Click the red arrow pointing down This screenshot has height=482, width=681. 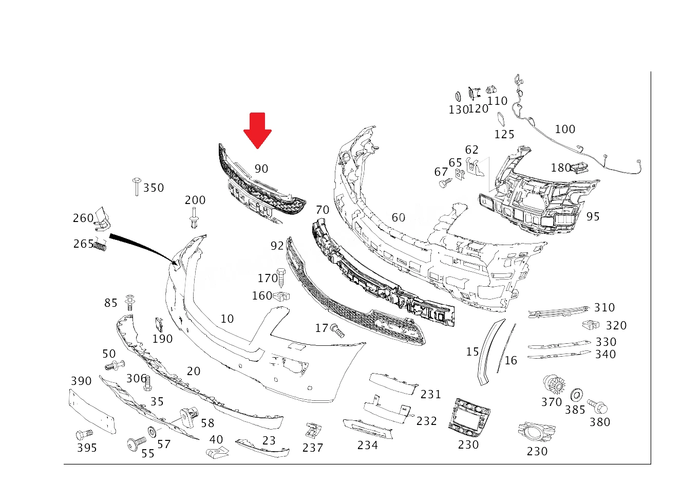pyautogui.click(x=257, y=130)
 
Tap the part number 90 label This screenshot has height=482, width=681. pyautogui.click(x=261, y=169)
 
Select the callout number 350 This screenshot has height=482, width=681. pyautogui.click(x=154, y=188)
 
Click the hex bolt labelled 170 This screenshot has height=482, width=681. pyautogui.click(x=281, y=278)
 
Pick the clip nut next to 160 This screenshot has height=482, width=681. pyautogui.click(x=281, y=296)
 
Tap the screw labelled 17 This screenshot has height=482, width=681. pyautogui.click(x=337, y=331)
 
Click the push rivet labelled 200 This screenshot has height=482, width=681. pyautogui.click(x=194, y=218)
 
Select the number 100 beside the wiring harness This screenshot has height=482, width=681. pyautogui.click(x=565, y=129)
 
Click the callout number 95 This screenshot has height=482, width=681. pyautogui.click(x=593, y=216)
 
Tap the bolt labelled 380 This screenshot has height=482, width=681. pyautogui.click(x=597, y=406)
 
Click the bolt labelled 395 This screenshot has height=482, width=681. pyautogui.click(x=84, y=435)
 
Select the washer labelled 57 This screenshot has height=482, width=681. pyautogui.click(x=152, y=432)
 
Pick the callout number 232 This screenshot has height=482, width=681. pyautogui.click(x=427, y=421)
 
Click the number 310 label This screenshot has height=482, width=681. pyautogui.click(x=604, y=307)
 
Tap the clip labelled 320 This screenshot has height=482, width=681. pyautogui.click(x=591, y=325)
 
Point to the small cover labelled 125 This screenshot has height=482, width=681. pyautogui.click(x=501, y=119)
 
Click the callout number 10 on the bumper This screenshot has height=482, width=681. pyautogui.click(x=227, y=319)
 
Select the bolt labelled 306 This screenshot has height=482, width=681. pyautogui.click(x=147, y=383)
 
